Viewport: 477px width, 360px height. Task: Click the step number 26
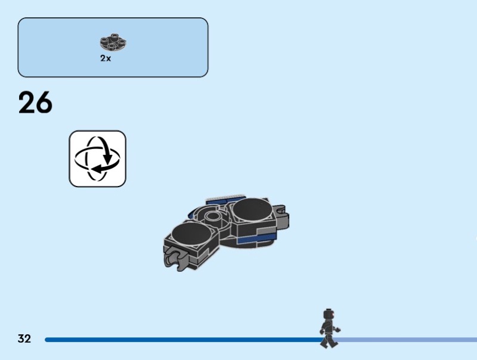[35, 103]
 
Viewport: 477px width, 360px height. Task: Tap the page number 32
[24, 339]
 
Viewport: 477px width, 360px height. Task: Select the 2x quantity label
[106, 59]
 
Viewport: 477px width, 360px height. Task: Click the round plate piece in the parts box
[113, 43]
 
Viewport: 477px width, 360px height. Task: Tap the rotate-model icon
[98, 159]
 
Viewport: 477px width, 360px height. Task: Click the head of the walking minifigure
[327, 314]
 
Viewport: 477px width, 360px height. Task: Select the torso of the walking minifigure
[327, 326]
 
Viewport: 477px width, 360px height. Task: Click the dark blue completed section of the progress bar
[179, 340]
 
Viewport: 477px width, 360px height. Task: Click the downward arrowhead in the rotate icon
[109, 159]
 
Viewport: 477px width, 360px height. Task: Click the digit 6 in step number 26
[44, 103]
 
